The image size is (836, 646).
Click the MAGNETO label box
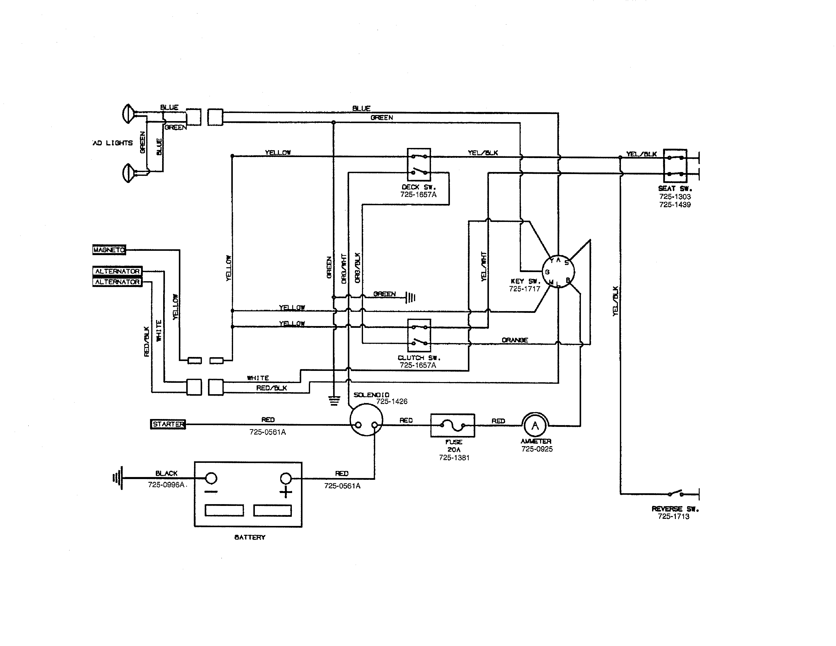pyautogui.click(x=109, y=250)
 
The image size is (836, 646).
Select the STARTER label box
pyautogui.click(x=168, y=424)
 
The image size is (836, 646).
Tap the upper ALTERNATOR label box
pyautogui.click(x=117, y=271)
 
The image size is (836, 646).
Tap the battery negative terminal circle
pyautogui.click(x=211, y=478)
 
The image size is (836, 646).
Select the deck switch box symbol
pyautogui.click(x=419, y=165)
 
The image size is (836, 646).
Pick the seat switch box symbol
pyautogui.click(x=675, y=165)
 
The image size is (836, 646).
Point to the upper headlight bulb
pyautogui.click(x=128, y=114)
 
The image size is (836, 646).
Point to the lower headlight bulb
pyautogui.click(x=128, y=173)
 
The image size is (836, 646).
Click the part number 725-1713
pyautogui.click(x=673, y=516)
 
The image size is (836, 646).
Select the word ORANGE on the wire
pyautogui.click(x=515, y=340)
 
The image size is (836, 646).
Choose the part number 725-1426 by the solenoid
pyautogui.click(x=392, y=402)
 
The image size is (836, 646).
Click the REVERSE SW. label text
pyautogui.click(x=675, y=509)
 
